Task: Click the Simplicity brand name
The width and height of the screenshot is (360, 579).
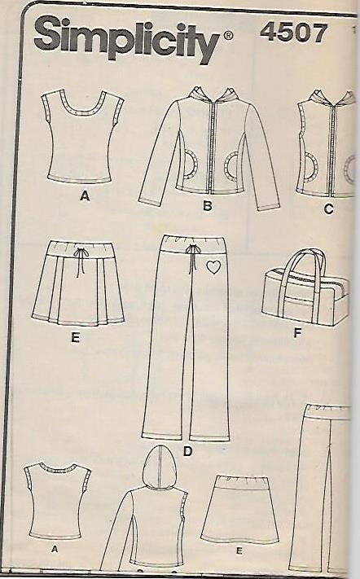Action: pos(127,40)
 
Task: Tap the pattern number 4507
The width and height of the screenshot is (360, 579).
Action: pos(293,33)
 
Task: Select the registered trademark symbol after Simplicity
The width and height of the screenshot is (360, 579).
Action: pos(228,36)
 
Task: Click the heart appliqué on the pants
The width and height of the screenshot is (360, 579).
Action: pos(213,267)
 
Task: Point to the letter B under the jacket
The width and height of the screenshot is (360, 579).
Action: pos(208,205)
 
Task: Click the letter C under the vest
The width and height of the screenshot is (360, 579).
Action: pos(328,209)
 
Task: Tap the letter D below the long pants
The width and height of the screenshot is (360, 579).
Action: pos(188,451)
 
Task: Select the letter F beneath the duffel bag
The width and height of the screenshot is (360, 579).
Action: pos(297,333)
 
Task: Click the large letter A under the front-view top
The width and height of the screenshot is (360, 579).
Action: pos(85,196)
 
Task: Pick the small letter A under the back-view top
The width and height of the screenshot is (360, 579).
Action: pos(55,550)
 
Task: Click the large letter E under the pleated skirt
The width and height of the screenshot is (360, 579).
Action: pos(75,337)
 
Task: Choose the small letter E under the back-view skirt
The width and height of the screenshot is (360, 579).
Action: pos(239,551)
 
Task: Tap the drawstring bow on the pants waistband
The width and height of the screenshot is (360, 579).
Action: pos(192,248)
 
